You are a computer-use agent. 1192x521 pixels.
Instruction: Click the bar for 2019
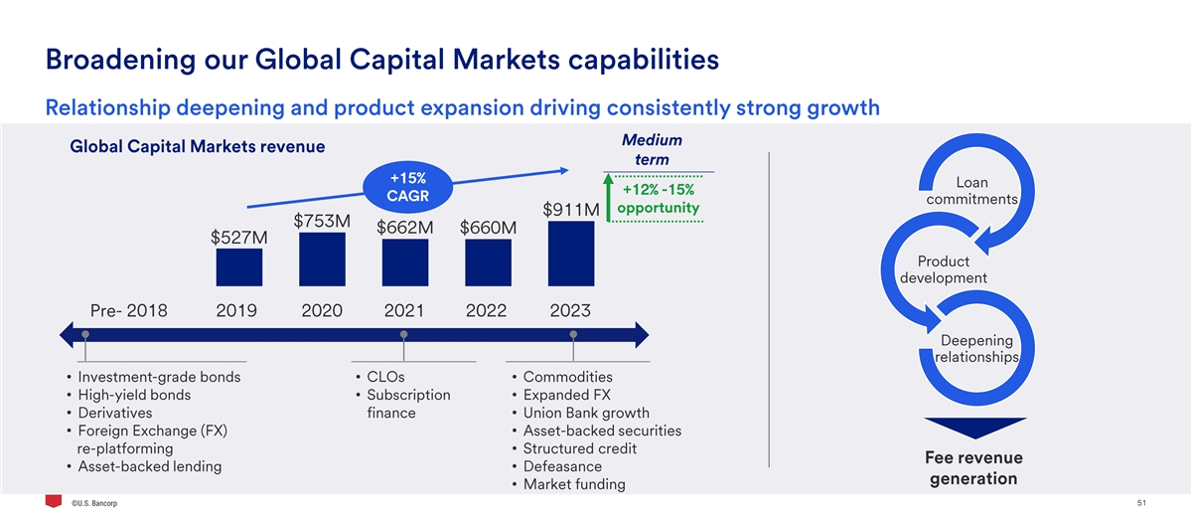(x=238, y=267)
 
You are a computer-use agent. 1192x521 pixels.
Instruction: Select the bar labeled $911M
(x=571, y=254)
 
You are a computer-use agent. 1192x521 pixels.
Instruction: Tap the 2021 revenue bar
(x=404, y=262)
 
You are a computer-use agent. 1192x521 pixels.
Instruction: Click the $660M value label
(x=489, y=228)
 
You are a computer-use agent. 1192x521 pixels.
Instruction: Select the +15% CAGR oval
(x=407, y=186)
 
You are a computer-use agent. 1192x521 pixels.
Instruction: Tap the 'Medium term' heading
(x=652, y=150)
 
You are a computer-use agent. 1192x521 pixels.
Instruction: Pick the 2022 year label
(x=486, y=310)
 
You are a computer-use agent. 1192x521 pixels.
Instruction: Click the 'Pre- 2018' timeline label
(x=128, y=310)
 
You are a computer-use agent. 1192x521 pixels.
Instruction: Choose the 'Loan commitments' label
(x=971, y=191)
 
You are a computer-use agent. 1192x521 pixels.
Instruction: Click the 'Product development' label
(x=943, y=269)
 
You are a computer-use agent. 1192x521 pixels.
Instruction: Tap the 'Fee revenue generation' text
(x=973, y=468)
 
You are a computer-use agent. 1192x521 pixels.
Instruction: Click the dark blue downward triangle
(x=973, y=427)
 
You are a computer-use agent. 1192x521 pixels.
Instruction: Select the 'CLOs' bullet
(x=385, y=377)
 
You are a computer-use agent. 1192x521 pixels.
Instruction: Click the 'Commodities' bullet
(x=567, y=377)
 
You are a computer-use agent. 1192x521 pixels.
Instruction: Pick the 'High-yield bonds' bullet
(x=134, y=395)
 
